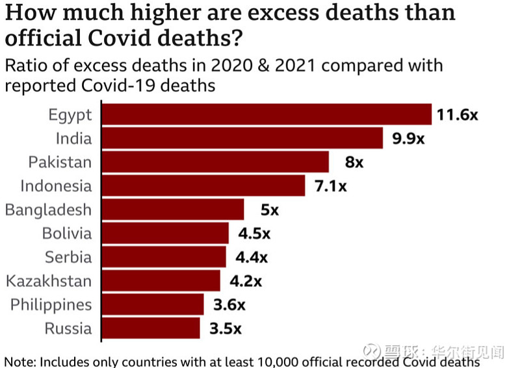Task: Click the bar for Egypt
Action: [266, 115]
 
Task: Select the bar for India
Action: [242, 138]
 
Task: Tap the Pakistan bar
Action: [215, 162]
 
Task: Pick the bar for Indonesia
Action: [203, 186]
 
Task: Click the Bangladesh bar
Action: [172, 210]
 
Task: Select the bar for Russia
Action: [150, 328]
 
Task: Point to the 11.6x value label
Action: [457, 116]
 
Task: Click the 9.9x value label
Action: [408, 139]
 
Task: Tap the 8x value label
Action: [354, 162]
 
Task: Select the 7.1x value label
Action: [330, 186]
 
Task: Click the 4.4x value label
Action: [251, 257]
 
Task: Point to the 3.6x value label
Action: [229, 305]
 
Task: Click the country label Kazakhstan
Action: [49, 281]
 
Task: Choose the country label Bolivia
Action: [67, 234]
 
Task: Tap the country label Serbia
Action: [68, 257]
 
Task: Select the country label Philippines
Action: [51, 305]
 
